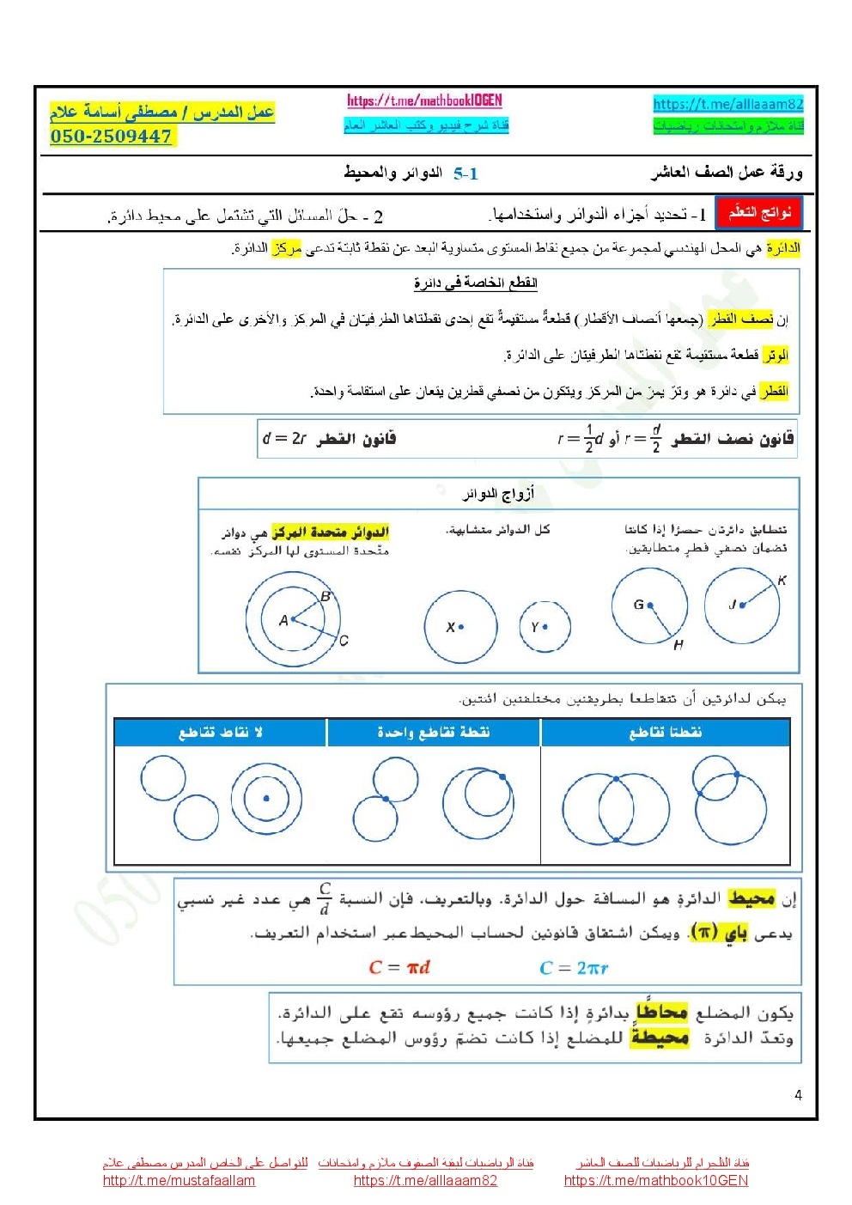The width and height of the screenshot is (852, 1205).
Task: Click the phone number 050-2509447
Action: [x=112, y=136]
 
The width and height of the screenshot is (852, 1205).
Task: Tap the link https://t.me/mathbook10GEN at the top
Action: [x=424, y=100]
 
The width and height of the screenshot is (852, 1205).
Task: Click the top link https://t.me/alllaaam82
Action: [x=727, y=104]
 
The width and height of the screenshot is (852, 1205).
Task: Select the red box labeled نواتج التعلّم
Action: [x=759, y=212]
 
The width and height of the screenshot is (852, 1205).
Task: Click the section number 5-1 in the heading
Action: [x=466, y=173]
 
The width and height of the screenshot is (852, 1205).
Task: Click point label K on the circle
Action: [x=782, y=581]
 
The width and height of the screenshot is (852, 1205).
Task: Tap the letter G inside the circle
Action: [x=638, y=605]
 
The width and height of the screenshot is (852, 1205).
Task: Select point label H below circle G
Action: [x=679, y=645]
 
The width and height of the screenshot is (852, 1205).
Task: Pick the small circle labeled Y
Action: [x=545, y=626]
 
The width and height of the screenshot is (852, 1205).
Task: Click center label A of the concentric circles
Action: [x=283, y=620]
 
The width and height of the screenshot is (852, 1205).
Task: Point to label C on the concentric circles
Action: [x=344, y=641]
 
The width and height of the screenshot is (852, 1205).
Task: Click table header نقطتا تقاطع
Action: [x=666, y=732]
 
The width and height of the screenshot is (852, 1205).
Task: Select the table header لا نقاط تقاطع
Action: [x=220, y=732]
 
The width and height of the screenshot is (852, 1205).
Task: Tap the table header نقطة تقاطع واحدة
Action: [x=433, y=732]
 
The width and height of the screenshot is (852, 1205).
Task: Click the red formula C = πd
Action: [x=399, y=967]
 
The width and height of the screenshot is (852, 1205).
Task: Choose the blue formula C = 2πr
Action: [x=574, y=968]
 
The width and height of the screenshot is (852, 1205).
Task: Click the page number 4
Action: [x=798, y=1095]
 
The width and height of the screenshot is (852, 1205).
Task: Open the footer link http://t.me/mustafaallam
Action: [x=179, y=1180]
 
